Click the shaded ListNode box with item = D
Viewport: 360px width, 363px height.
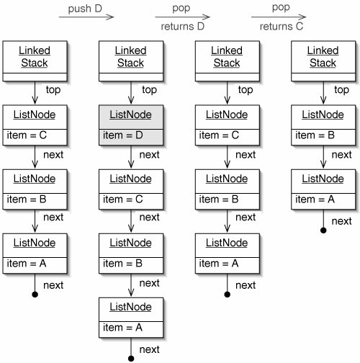(x=131, y=125)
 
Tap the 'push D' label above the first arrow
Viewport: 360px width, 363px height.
(x=85, y=9)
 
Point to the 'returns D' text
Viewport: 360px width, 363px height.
(x=183, y=27)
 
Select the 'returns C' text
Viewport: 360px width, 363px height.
(x=282, y=27)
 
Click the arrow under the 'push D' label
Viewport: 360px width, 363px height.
(x=86, y=17)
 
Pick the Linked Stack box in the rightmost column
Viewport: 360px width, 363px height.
(x=323, y=61)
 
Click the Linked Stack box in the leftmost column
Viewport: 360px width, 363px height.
(x=35, y=61)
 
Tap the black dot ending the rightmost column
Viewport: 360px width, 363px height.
(x=323, y=230)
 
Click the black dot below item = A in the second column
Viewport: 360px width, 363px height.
(x=131, y=359)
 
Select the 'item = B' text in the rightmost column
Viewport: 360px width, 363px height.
(x=315, y=135)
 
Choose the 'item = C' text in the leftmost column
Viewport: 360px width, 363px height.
(x=27, y=135)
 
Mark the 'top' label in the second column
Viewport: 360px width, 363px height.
(x=149, y=90)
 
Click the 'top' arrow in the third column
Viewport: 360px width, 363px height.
(x=228, y=93)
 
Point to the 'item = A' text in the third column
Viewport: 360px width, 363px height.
(x=219, y=264)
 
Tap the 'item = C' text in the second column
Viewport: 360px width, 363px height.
(x=123, y=200)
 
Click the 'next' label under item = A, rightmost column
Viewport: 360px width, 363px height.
(x=341, y=221)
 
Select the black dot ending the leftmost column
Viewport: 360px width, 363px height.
(x=35, y=295)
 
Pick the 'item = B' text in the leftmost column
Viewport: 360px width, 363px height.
(x=27, y=200)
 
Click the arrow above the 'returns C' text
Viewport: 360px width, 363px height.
(x=279, y=17)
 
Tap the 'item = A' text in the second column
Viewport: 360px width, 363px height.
(x=122, y=328)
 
